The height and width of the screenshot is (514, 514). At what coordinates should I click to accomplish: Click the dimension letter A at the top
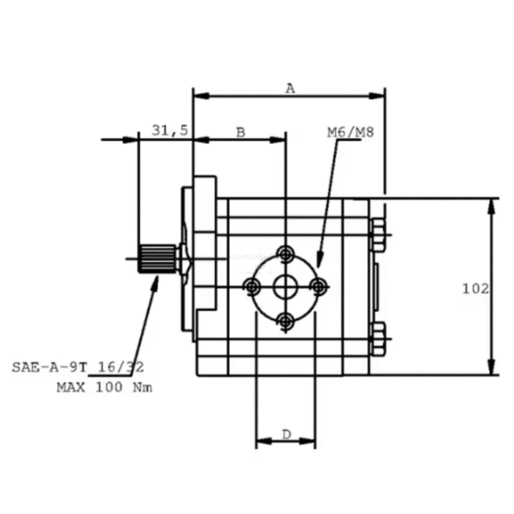(x=290, y=88)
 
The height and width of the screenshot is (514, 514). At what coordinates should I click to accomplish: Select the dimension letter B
(x=241, y=133)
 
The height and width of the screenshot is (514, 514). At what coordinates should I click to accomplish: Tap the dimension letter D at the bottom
(x=286, y=434)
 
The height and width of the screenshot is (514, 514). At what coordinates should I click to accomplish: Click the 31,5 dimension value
(x=170, y=130)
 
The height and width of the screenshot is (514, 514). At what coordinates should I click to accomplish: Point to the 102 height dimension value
(x=475, y=289)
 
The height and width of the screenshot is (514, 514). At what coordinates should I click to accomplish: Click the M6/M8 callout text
(x=350, y=132)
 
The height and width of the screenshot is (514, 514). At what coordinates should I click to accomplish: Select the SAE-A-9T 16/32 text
(x=78, y=368)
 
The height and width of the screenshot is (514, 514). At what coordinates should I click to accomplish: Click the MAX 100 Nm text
(x=105, y=387)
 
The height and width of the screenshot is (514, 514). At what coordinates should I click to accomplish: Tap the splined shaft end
(x=157, y=259)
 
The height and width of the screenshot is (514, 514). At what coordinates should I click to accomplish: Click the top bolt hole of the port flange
(x=285, y=254)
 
